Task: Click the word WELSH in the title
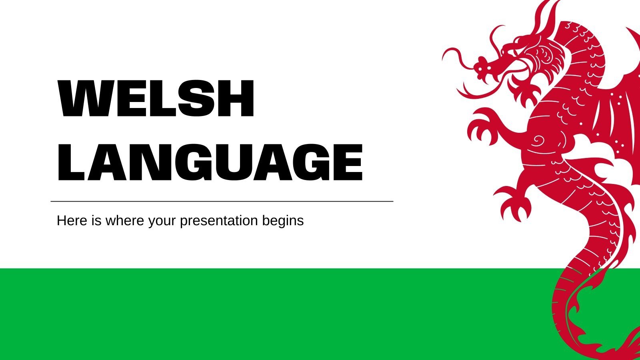coord(156,99)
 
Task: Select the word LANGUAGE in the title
coord(210,162)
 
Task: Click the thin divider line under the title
coord(222,202)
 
